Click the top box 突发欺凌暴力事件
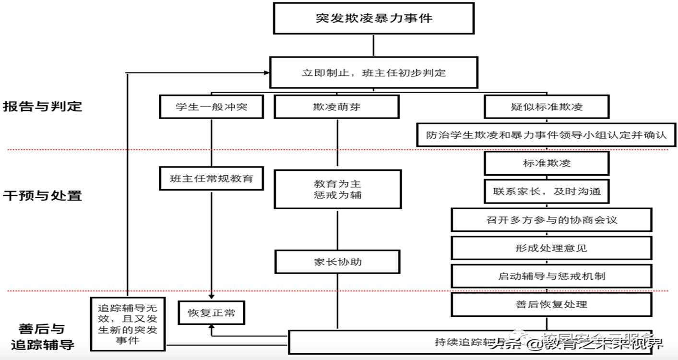(x=374, y=19)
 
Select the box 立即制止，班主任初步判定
(x=373, y=73)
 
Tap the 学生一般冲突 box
(x=211, y=107)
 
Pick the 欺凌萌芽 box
(x=336, y=107)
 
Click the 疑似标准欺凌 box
(x=547, y=107)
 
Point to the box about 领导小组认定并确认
(x=546, y=135)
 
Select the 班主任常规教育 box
(x=211, y=179)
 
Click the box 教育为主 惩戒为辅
(x=337, y=189)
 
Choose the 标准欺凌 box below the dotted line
(x=547, y=163)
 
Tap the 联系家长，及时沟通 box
(x=547, y=191)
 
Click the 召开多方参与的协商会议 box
(x=551, y=220)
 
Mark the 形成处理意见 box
(x=551, y=248)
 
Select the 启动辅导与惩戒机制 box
(x=551, y=276)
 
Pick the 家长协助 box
(x=337, y=262)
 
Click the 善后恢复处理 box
(x=551, y=304)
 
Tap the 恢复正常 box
(x=211, y=313)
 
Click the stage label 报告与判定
(x=43, y=106)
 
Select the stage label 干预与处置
(x=43, y=195)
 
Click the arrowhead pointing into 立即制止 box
(x=266, y=73)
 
